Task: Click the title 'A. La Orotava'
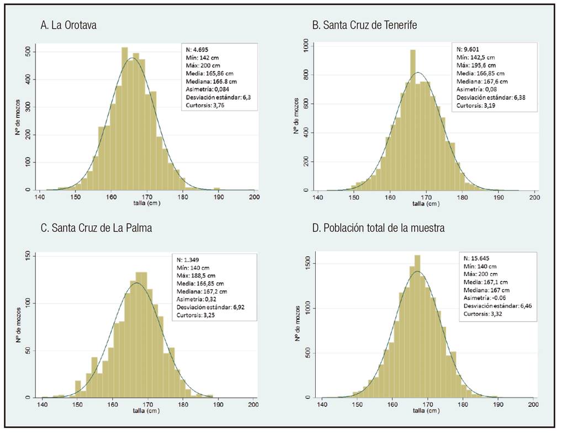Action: (68, 25)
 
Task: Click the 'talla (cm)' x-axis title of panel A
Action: (146, 203)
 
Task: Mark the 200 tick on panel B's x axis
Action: (534, 197)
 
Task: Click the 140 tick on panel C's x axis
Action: (43, 405)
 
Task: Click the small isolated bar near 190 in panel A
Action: (217, 189)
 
